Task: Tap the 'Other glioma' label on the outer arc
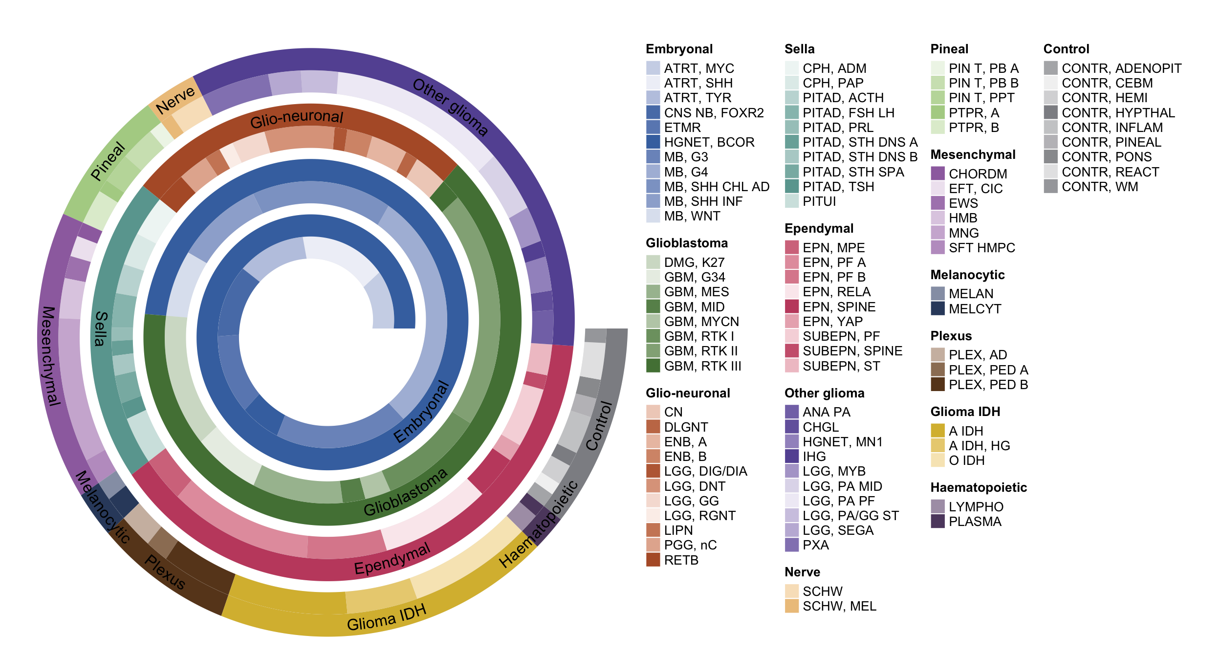pos(450,107)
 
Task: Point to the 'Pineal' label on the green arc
pos(108,161)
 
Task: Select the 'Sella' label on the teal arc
pos(100,328)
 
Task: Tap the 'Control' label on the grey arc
pos(599,425)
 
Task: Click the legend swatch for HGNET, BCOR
pos(653,142)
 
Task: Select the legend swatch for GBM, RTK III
pos(653,366)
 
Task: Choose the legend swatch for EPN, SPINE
pos(792,307)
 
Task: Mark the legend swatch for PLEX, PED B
pos(937,384)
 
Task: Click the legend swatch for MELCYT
pos(937,308)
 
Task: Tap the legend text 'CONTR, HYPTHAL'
pos(1118,112)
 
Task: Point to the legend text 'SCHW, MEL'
pos(839,606)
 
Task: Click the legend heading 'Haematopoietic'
pos(979,487)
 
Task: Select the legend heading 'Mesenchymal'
pos(973,154)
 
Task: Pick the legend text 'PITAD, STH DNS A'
pos(860,142)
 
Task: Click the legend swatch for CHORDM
pos(937,174)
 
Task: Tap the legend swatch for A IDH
pos(937,431)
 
